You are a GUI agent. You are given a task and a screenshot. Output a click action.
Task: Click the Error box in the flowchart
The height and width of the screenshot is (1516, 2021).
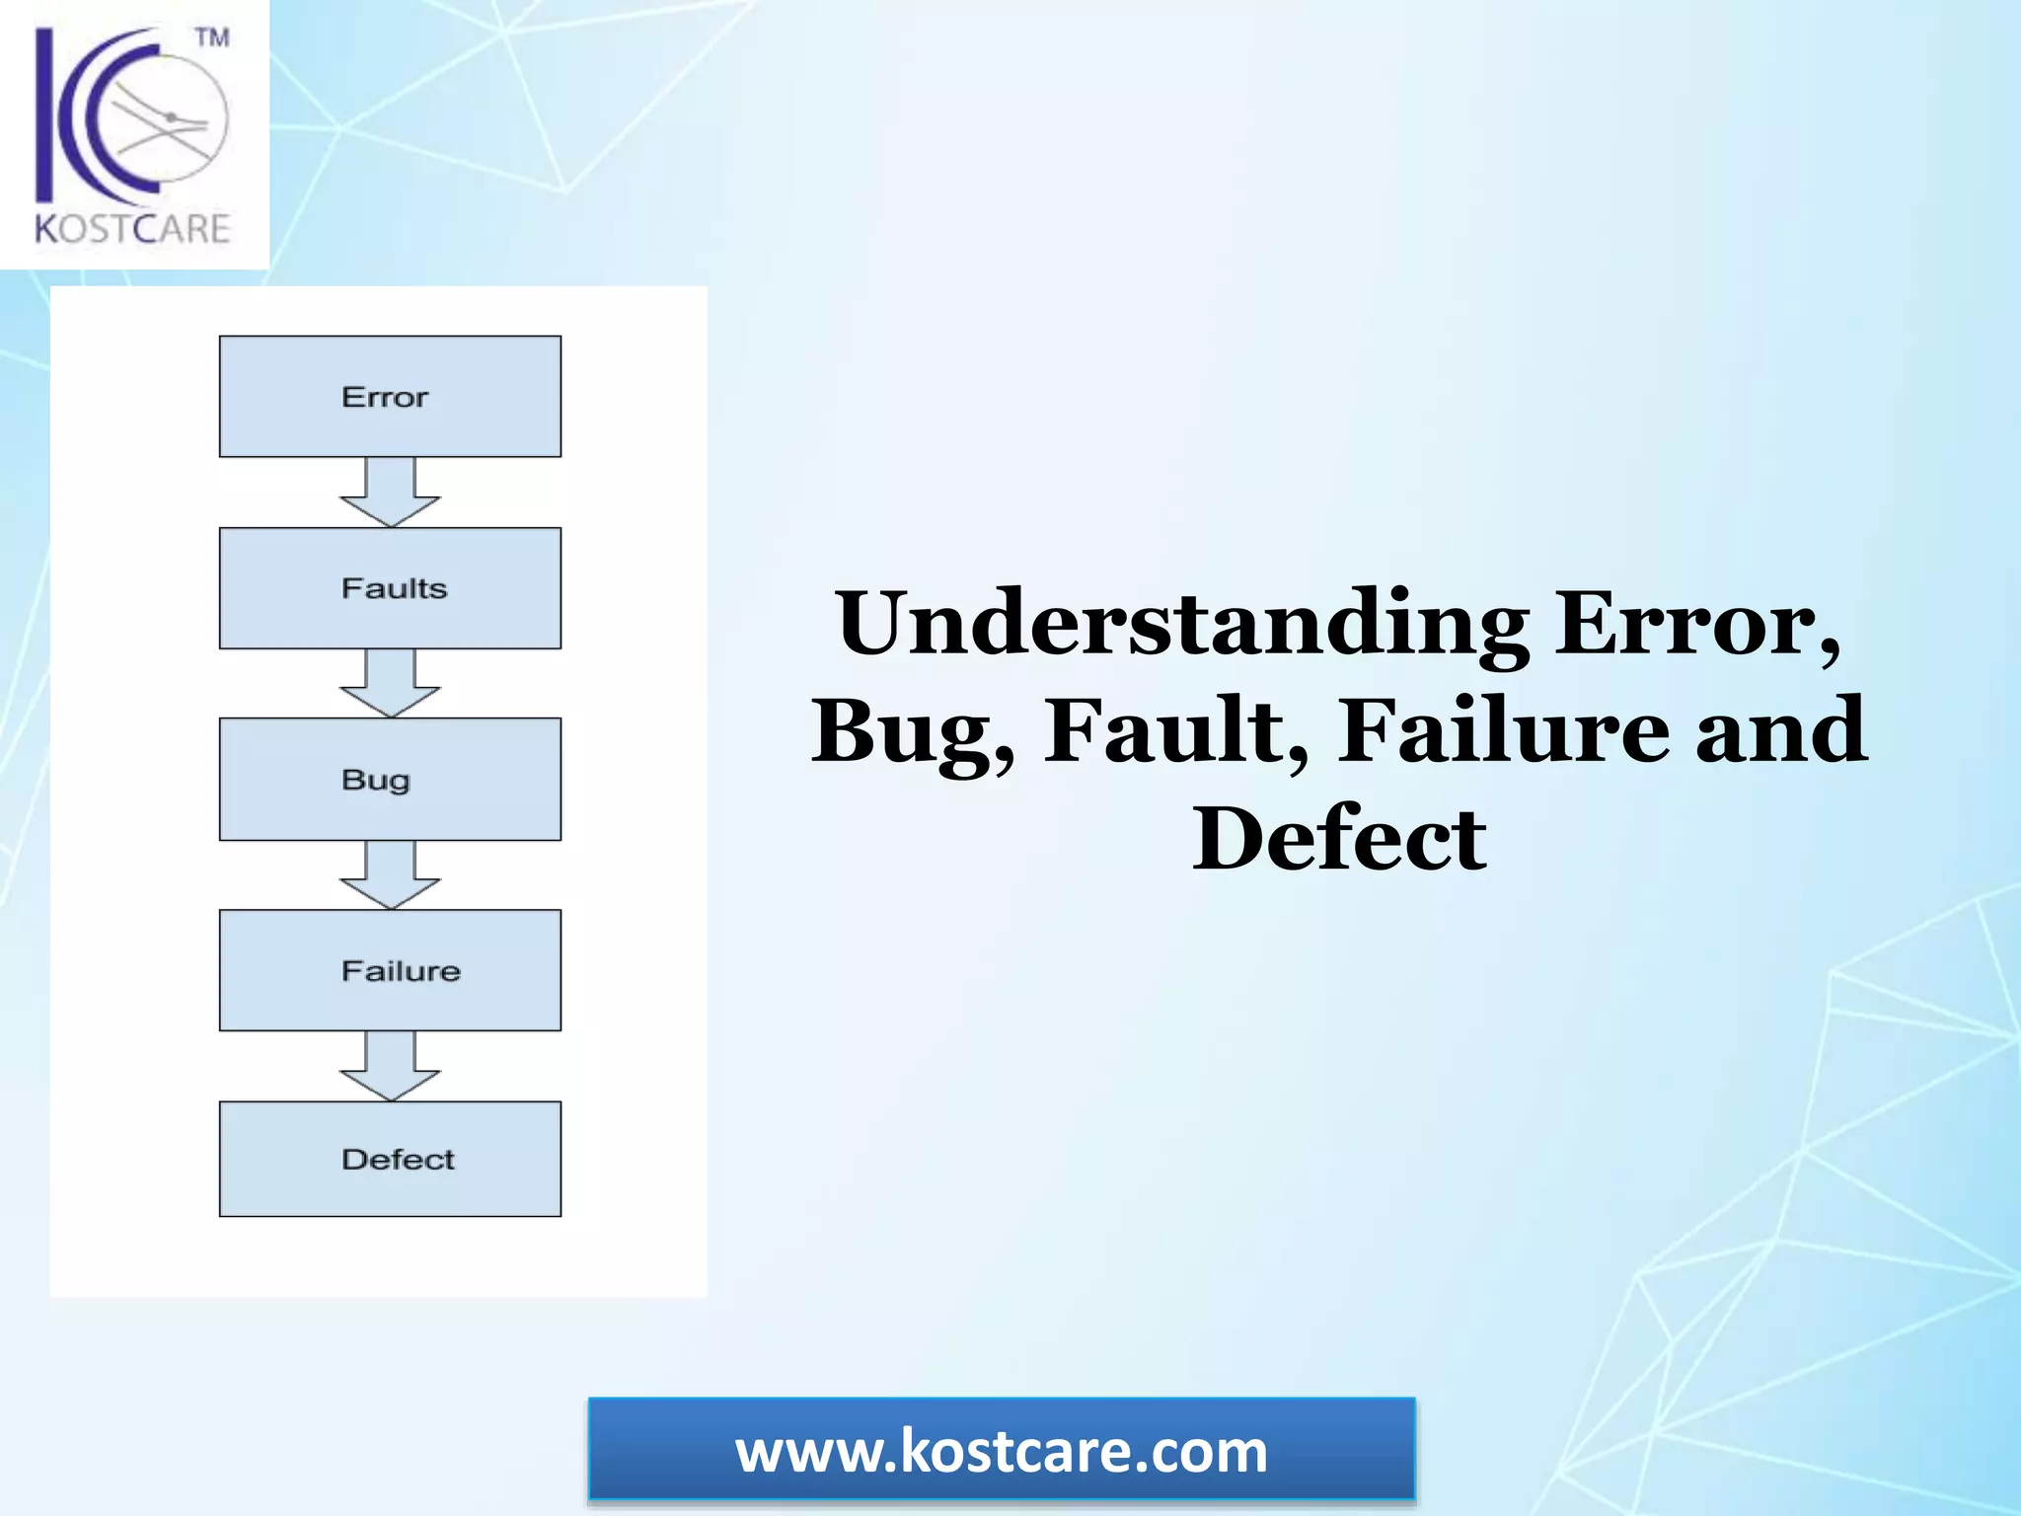(x=390, y=397)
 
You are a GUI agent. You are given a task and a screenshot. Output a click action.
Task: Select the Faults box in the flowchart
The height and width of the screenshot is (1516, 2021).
(x=390, y=588)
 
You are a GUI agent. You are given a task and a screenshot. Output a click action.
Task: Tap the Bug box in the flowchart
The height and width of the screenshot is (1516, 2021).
(x=390, y=780)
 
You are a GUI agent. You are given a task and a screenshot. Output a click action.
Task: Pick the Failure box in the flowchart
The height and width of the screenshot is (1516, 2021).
(x=390, y=970)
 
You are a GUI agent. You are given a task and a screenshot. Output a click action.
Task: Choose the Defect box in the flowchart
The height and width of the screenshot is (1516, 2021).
(x=390, y=1159)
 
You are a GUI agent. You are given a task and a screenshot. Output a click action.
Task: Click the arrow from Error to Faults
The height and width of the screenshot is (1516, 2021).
(x=390, y=492)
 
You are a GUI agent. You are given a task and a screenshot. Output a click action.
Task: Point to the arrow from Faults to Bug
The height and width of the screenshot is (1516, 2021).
(x=390, y=683)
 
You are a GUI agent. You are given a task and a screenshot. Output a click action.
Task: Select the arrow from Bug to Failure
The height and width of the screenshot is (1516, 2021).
(x=390, y=874)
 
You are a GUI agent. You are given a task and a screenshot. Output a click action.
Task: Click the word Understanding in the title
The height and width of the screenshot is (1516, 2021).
(x=1182, y=624)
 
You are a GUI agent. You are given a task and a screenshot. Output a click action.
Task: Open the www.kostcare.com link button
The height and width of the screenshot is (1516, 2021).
(x=1002, y=1451)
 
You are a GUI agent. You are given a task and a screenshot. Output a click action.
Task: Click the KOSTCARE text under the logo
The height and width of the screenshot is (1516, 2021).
(x=132, y=229)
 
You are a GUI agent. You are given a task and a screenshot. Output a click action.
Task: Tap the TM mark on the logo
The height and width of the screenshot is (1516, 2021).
(x=212, y=38)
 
